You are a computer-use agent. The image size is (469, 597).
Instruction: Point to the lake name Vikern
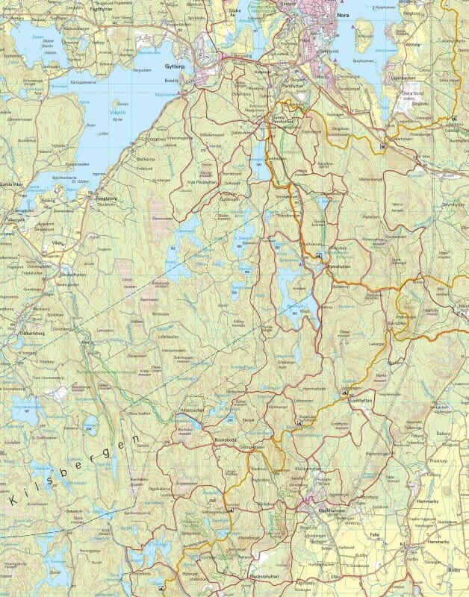(x=117, y=115)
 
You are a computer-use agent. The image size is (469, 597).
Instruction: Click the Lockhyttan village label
(x=365, y=400)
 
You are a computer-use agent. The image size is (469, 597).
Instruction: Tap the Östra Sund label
(x=412, y=94)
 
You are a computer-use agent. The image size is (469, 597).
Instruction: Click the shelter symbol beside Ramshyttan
(x=319, y=256)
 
